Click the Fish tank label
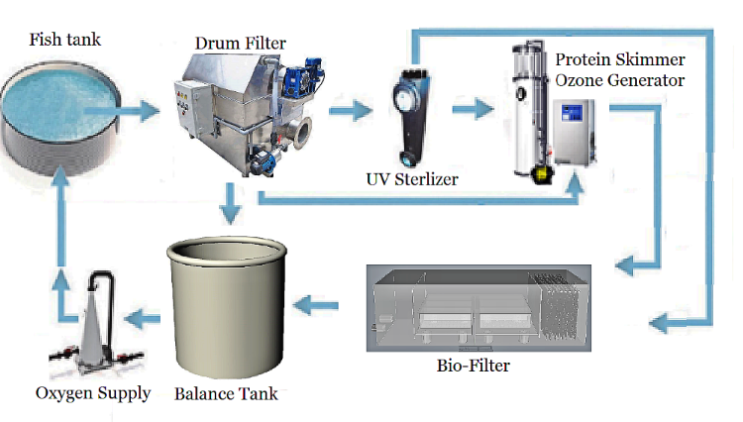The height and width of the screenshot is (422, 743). [65, 40]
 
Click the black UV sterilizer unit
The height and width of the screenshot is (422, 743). [407, 114]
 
